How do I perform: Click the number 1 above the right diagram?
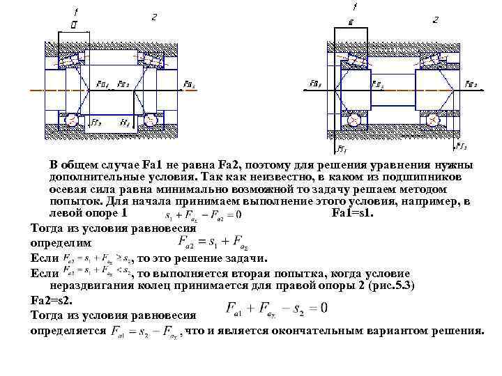[356, 7]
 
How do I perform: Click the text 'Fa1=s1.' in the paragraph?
[353, 212]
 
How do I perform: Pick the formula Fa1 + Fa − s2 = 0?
[276, 307]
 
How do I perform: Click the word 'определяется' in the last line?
[68, 329]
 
